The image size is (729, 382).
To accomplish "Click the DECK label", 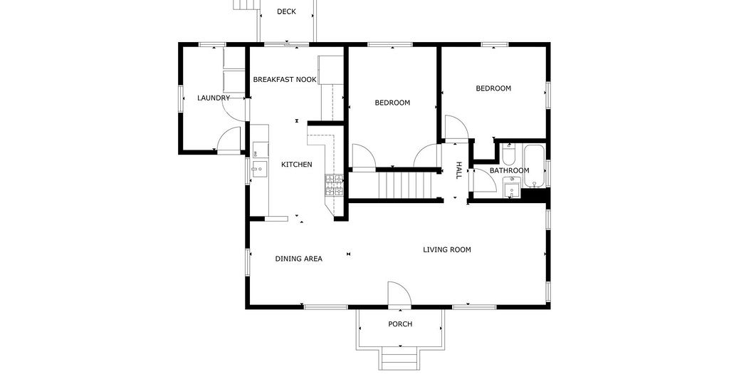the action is pos(286,11).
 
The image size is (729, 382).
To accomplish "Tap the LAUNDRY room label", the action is pos(214,98).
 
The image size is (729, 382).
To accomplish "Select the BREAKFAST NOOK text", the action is pos(285,80).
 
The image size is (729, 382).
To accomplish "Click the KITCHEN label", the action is pos(297,164).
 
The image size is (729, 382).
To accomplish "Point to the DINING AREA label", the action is pos(298,259).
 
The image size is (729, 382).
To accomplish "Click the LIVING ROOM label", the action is pos(447,250).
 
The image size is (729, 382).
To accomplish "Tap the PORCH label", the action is pos(400,324).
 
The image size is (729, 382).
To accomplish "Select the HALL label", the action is pos(458,171).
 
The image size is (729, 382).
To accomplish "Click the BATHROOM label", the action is pos(509,171).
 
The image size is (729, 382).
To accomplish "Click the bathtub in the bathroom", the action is pos(535,167).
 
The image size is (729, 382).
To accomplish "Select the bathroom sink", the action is pos(511,189).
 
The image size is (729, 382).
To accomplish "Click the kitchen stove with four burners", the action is pos(335,185).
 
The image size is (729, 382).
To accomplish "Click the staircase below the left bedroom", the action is pos(405,185).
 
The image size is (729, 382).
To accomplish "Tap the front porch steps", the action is pos(400,358).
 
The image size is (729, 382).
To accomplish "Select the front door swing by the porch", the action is pos(399,294).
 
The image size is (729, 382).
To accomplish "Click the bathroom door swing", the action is pos(484,180).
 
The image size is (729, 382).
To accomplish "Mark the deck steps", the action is pos(246,5).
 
